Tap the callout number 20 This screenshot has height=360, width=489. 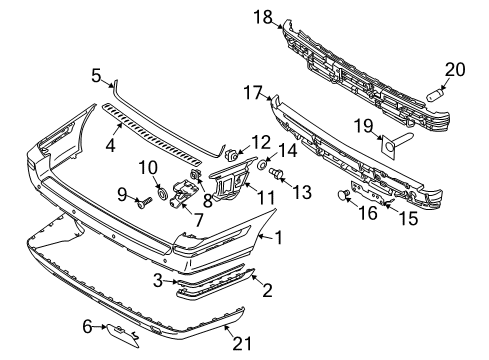455,69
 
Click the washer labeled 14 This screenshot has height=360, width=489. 264,162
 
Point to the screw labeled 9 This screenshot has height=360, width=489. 142,201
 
